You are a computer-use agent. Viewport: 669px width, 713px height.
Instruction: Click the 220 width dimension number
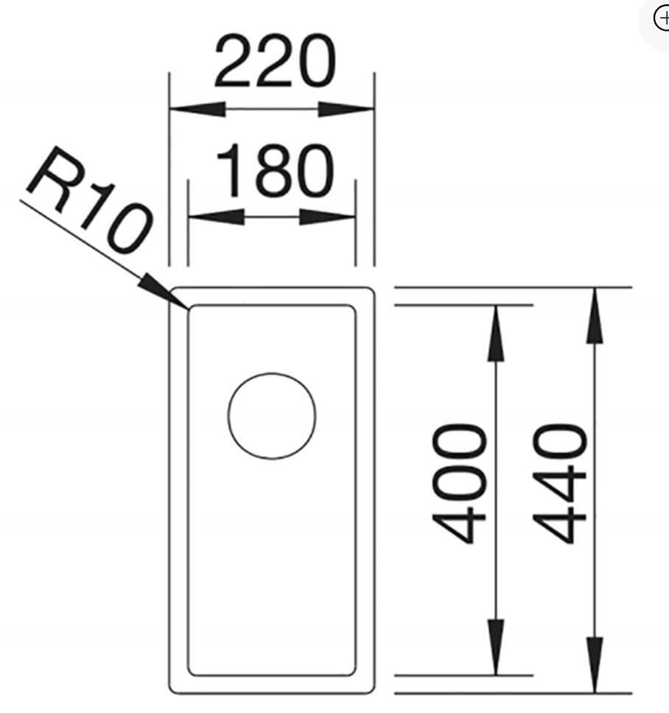pos(275,61)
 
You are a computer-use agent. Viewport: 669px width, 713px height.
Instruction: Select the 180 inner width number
pos(275,170)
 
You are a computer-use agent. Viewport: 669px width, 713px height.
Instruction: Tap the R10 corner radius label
pos(88,200)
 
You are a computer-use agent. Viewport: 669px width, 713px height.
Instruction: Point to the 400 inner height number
pos(459,483)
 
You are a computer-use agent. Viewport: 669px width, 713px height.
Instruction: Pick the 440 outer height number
pos(560,483)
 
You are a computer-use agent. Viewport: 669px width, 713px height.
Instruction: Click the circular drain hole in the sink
pos(272,416)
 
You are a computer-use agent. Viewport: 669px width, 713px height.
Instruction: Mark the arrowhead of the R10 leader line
pos(163,291)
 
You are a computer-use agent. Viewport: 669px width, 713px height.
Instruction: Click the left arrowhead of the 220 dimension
pos(197,109)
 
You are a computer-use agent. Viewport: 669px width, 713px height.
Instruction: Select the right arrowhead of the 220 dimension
pos(346,110)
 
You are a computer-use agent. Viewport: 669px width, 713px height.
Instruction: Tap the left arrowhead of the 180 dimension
pos(216,217)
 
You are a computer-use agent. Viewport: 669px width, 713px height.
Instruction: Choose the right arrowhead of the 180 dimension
pos(327,217)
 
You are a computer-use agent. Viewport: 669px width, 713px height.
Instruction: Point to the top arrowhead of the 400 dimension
pos(496,334)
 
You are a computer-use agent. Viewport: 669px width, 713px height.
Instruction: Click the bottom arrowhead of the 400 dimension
pos(496,647)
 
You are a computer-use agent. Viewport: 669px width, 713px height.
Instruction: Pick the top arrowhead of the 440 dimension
pos(595,315)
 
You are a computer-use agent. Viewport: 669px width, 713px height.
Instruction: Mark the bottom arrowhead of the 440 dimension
pos(595,665)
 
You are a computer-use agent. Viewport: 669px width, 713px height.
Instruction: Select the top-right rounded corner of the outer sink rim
pos(371,291)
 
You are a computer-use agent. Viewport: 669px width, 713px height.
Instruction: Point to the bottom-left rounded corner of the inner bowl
pos(192,672)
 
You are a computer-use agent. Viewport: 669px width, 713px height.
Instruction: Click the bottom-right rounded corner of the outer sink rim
pos(371,689)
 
